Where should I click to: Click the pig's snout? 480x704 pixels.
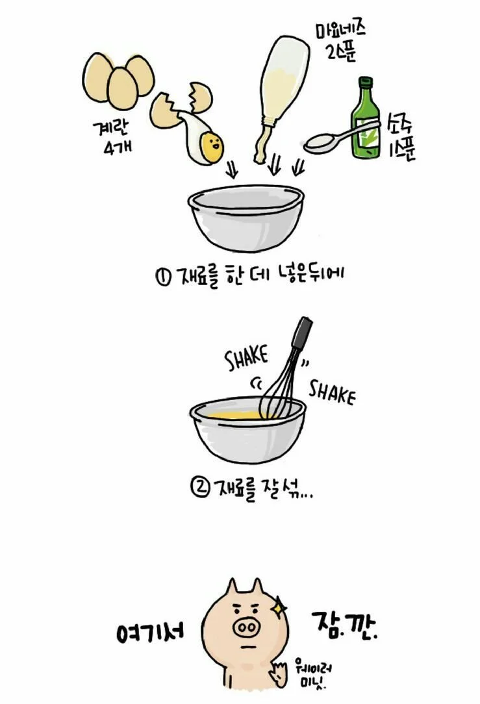[246, 626]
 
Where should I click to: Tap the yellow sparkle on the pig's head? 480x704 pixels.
[279, 607]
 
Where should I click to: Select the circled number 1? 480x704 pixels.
[162, 276]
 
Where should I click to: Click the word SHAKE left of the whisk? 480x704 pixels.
[247, 357]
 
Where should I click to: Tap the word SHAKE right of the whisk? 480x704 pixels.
[332, 392]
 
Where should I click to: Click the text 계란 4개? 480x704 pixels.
[112, 138]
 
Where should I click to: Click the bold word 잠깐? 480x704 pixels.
[344, 625]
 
